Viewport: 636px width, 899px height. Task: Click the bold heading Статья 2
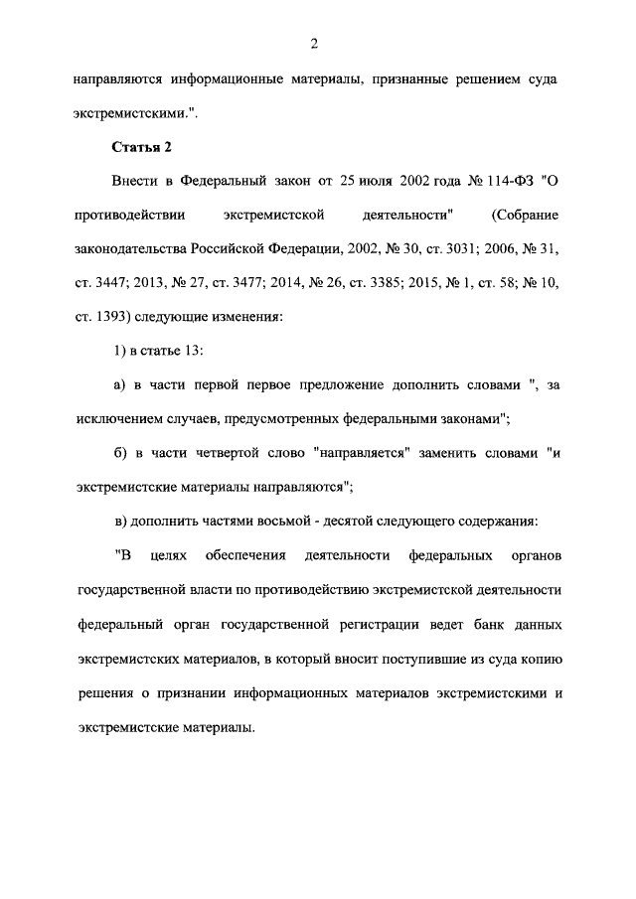[141, 148]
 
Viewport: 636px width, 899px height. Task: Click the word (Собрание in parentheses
[525, 215]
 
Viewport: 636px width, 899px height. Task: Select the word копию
[540, 659]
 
